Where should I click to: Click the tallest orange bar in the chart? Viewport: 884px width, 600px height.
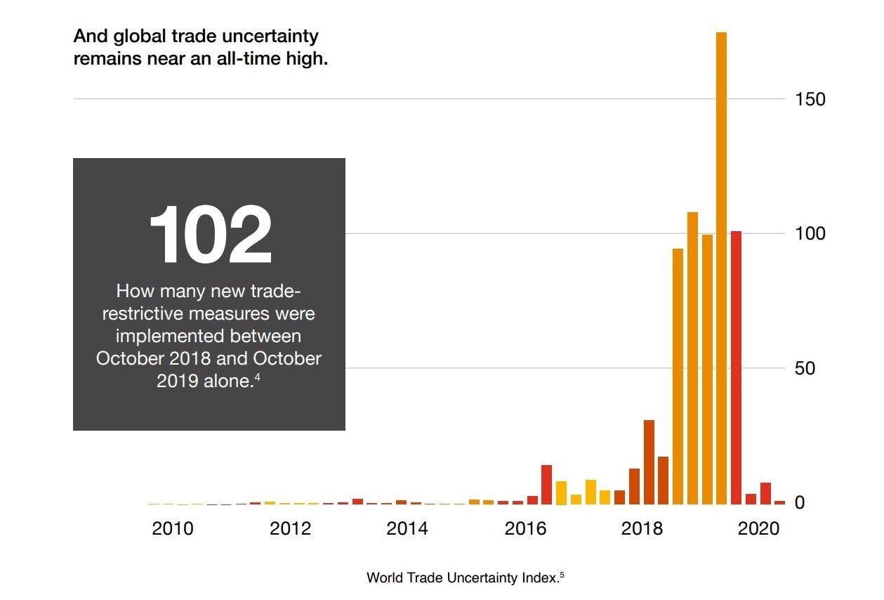[x=721, y=267]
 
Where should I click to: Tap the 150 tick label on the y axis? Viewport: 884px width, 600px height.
[x=810, y=99]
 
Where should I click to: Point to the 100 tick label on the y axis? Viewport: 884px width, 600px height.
[x=810, y=234]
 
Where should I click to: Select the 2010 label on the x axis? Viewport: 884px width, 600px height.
[x=173, y=529]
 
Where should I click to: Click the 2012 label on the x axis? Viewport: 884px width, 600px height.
[x=290, y=529]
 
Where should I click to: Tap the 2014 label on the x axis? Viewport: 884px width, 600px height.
[x=407, y=529]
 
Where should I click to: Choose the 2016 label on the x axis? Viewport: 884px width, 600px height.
[x=525, y=529]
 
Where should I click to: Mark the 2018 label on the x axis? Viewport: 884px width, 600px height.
[x=642, y=529]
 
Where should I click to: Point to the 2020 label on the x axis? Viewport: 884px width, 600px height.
[x=759, y=529]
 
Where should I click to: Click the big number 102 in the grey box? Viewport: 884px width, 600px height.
[x=210, y=235]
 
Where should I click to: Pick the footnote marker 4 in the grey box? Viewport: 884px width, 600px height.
[x=258, y=376]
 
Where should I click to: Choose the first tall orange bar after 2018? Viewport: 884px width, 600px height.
[x=678, y=376]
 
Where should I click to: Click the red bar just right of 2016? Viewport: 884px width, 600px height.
[x=546, y=485]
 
